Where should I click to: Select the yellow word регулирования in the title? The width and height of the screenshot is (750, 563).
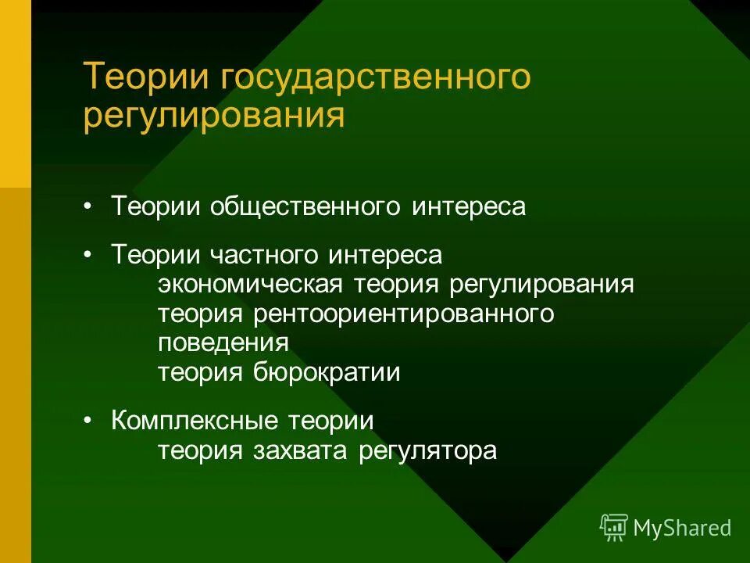pyautogui.click(x=214, y=116)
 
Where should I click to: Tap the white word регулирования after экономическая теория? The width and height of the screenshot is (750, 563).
pyautogui.click(x=541, y=284)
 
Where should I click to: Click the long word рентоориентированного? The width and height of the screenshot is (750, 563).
pyautogui.click(x=403, y=314)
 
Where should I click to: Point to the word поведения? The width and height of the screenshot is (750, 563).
pyautogui.click(x=223, y=342)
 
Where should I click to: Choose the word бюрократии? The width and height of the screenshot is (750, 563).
pyautogui.click(x=327, y=372)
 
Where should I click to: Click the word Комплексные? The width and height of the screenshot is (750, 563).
pyautogui.click(x=195, y=421)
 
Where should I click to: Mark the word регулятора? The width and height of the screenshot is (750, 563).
pyautogui.click(x=428, y=451)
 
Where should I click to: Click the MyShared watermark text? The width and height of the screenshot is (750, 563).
pyautogui.click(x=681, y=529)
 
